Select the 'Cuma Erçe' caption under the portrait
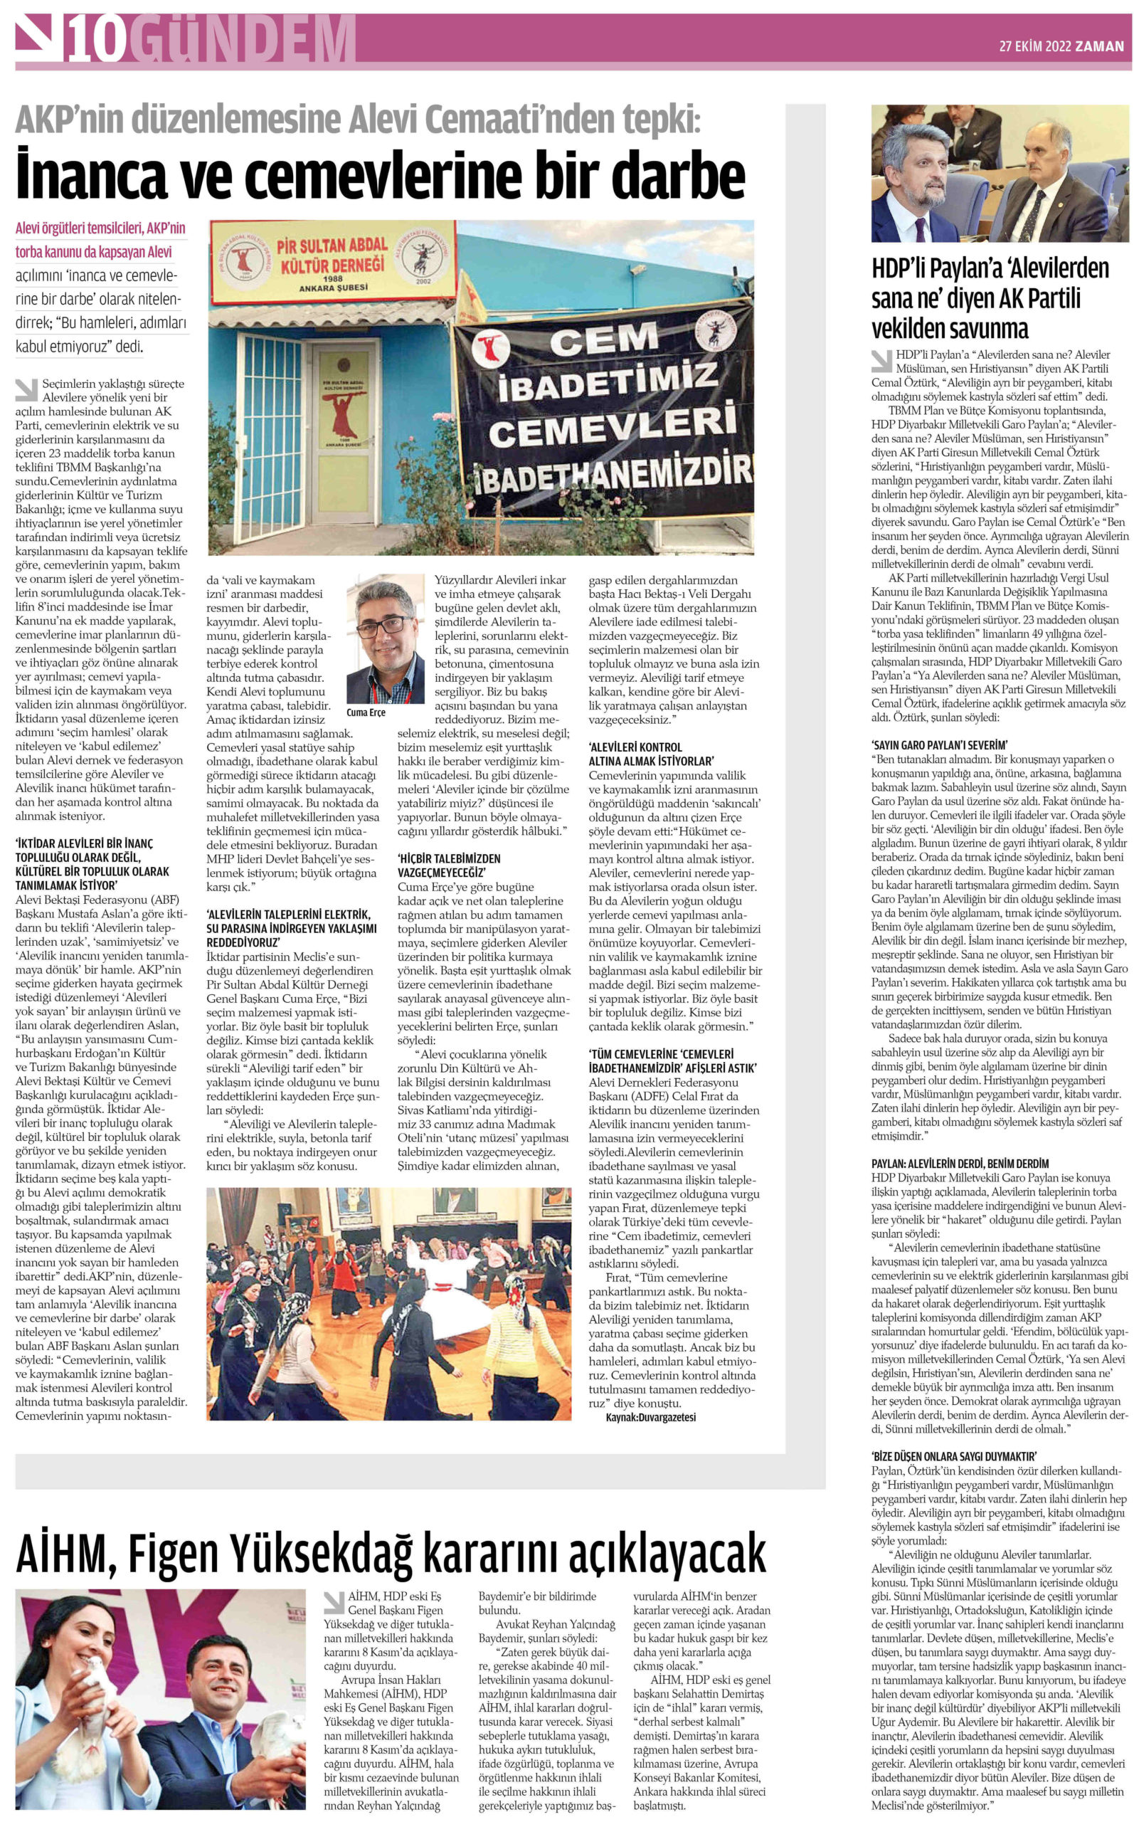pyautogui.click(x=366, y=712)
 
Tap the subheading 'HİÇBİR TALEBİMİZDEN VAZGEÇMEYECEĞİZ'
pyautogui.click(x=448, y=865)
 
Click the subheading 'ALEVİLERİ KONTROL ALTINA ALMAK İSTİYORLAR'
pyautogui.click(x=651, y=754)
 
